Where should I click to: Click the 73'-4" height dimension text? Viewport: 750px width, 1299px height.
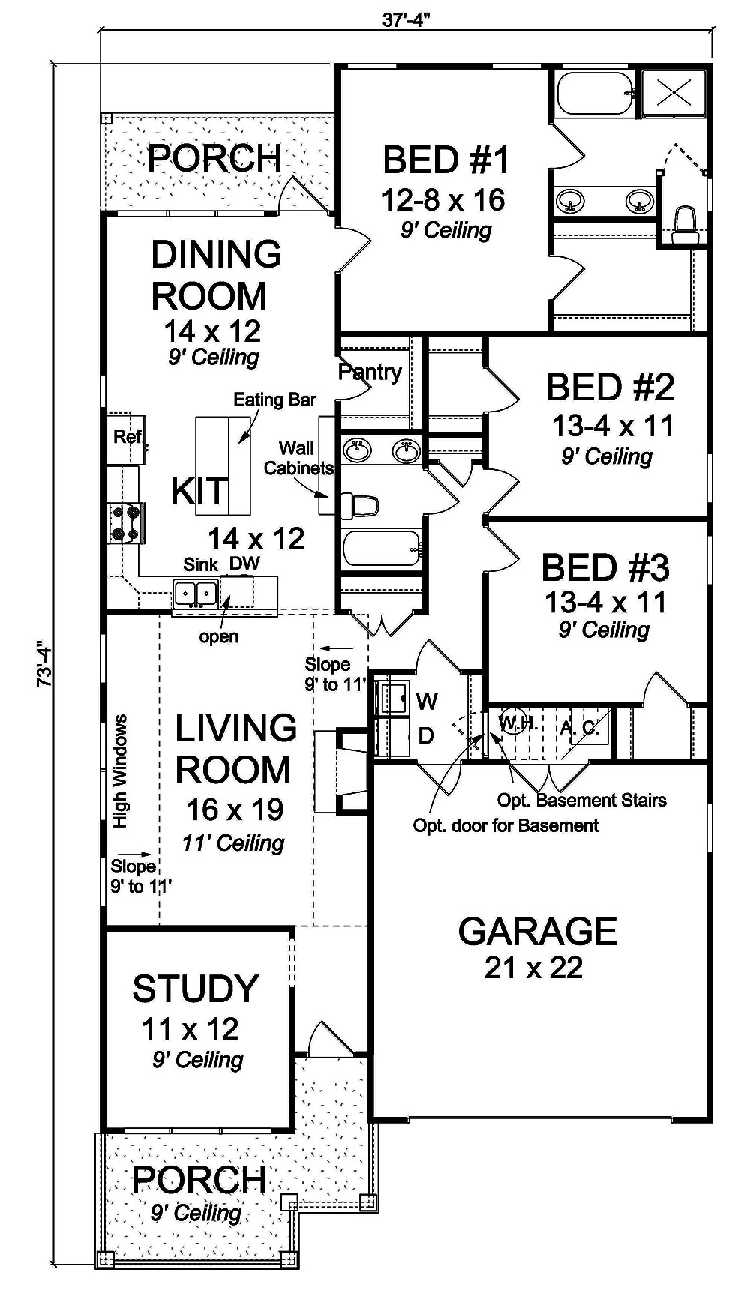44,663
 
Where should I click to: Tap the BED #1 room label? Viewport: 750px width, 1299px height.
445,160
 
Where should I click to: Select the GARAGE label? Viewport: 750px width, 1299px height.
537,932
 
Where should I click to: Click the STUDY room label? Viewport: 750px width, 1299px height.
196,989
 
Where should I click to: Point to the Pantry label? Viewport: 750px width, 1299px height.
370,371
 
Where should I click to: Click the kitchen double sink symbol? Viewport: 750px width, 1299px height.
195,593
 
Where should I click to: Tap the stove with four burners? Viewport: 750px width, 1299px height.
125,523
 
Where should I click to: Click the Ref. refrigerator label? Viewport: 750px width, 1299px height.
128,436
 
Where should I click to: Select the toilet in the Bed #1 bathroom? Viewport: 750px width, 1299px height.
685,225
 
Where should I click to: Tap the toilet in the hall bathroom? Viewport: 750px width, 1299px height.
361,506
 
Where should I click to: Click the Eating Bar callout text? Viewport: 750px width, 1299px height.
274,400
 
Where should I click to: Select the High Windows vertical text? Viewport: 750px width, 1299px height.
120,771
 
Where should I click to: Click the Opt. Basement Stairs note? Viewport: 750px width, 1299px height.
581,800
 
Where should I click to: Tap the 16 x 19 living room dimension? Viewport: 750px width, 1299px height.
235,810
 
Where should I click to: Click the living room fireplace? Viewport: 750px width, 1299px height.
341,771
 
